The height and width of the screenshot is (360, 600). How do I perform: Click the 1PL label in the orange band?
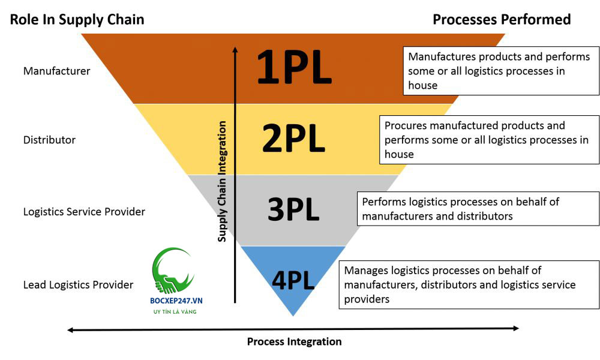(293, 68)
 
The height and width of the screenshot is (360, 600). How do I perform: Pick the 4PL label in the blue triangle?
(293, 280)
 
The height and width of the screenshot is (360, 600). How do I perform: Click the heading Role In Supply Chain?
(77, 19)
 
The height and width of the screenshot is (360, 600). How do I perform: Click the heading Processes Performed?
(502, 19)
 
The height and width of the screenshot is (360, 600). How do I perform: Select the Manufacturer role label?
(56, 71)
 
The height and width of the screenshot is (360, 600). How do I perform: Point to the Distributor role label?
(49, 140)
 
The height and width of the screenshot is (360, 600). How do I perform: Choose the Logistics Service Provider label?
(84, 212)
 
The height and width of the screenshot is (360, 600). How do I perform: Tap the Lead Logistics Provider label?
(78, 284)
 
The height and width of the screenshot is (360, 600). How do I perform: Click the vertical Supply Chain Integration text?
(222, 181)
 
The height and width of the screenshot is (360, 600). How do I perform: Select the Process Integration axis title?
(294, 341)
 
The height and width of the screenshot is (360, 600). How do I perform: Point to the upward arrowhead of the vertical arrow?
(235, 50)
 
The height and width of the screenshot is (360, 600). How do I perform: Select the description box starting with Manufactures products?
(501, 71)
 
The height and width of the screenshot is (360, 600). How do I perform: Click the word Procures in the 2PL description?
(404, 126)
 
